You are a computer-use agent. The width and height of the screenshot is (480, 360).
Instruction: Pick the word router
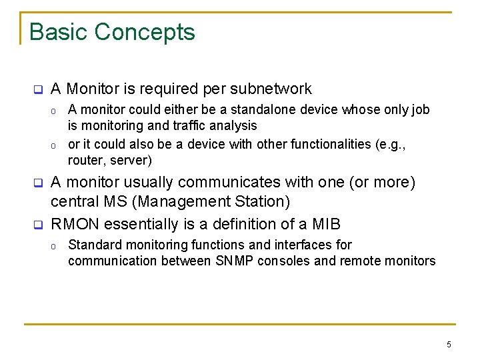(87, 160)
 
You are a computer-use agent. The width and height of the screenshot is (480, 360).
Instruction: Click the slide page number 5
(449, 345)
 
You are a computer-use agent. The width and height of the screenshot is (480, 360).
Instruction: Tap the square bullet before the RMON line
(38, 225)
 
